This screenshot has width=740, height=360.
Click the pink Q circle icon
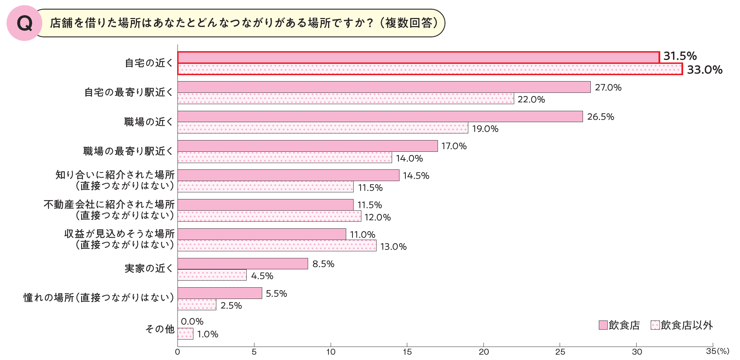24,23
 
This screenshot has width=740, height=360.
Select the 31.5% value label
680,56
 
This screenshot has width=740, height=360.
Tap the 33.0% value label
704,70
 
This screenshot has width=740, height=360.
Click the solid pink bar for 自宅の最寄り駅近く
384,87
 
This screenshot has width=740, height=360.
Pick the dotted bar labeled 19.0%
323,128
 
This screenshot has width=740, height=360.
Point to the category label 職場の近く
149,122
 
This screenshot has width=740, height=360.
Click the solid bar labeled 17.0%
307,146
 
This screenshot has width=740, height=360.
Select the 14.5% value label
416,176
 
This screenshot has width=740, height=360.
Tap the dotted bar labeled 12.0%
269,216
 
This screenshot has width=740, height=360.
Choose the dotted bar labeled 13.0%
277,245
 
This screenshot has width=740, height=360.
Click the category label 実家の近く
149,269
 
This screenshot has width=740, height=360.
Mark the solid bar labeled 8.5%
242,264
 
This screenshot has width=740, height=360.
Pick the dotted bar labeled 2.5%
197,305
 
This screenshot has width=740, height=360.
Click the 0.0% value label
192,322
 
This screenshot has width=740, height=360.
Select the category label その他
160,329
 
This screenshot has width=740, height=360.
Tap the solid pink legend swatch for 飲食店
603,325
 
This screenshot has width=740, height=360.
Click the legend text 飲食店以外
686,325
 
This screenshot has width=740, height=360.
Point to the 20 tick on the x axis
483,352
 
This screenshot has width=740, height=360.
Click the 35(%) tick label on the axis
717,351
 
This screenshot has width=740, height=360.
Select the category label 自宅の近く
149,63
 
